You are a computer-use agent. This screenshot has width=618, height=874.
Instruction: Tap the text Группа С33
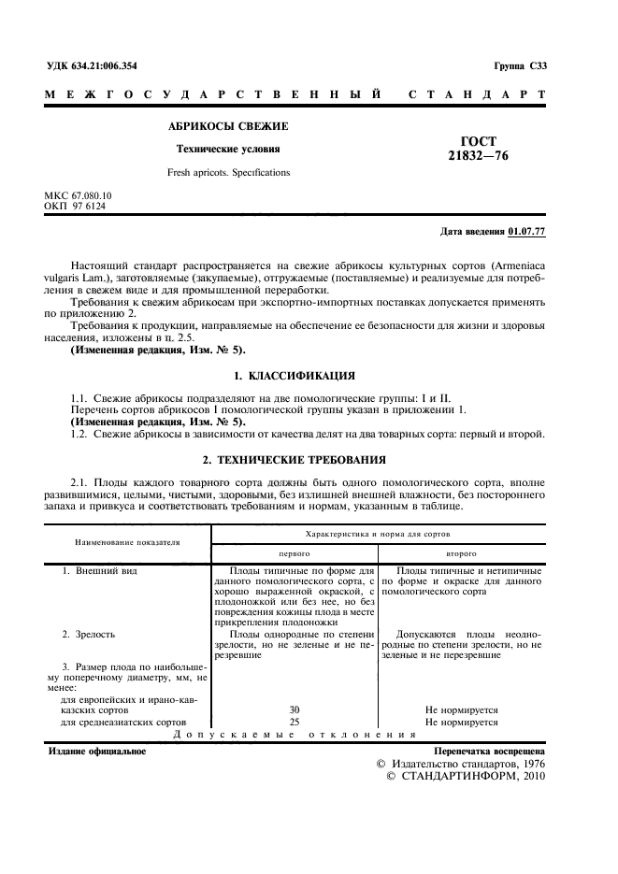click(520, 65)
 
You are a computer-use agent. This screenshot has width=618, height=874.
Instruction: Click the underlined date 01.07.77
click(528, 230)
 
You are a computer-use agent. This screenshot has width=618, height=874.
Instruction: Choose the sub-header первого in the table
click(295, 552)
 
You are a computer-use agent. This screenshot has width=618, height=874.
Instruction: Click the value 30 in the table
click(295, 710)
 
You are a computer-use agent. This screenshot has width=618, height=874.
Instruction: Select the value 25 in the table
click(295, 722)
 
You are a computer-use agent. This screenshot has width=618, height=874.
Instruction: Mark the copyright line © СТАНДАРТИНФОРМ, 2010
click(458, 775)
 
